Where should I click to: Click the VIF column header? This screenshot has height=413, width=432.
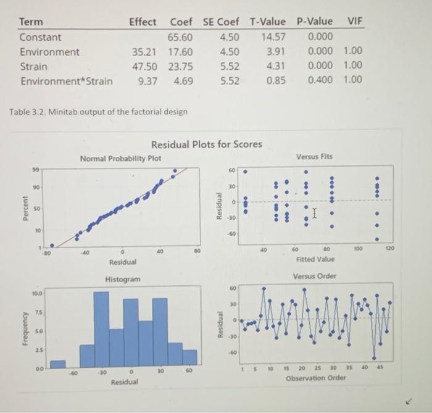pos(354,22)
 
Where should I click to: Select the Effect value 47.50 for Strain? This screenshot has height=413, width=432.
pos(143,66)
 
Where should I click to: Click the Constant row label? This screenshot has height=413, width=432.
pos(40,37)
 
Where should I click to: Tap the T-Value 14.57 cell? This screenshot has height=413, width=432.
pos(272,37)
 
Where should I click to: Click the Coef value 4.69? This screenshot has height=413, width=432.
pos(183,80)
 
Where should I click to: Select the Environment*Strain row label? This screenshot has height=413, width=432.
pos(67,81)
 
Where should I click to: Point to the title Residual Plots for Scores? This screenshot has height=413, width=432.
pos(207,144)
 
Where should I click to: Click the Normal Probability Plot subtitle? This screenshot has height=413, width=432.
pos(121,159)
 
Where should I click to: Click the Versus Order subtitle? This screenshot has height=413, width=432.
pos(315,276)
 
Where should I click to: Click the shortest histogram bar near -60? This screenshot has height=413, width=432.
pos(57,363)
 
